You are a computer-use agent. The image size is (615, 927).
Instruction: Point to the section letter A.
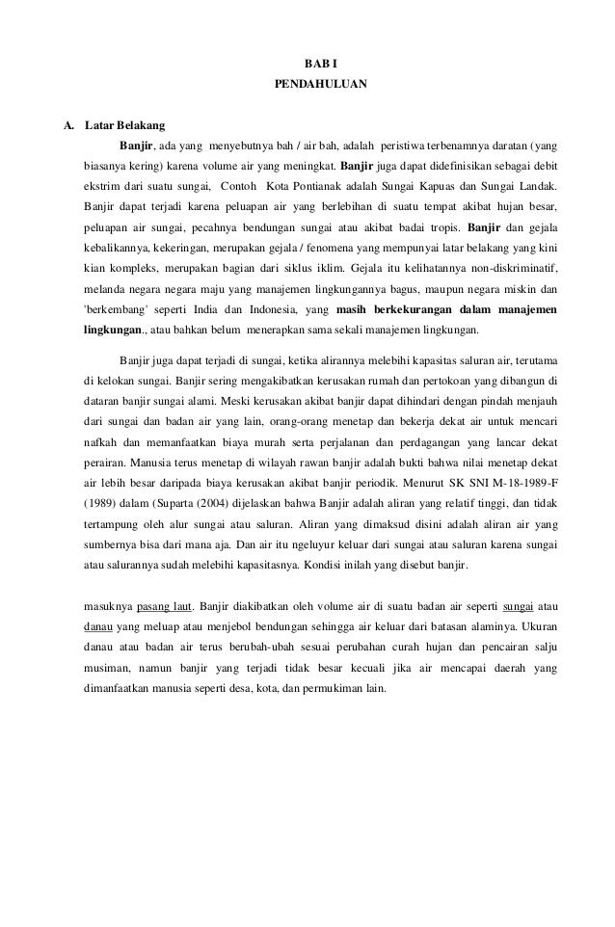point(68,126)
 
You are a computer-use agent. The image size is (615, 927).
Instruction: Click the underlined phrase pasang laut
point(166,606)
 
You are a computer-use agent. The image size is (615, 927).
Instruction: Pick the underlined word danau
point(98,627)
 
